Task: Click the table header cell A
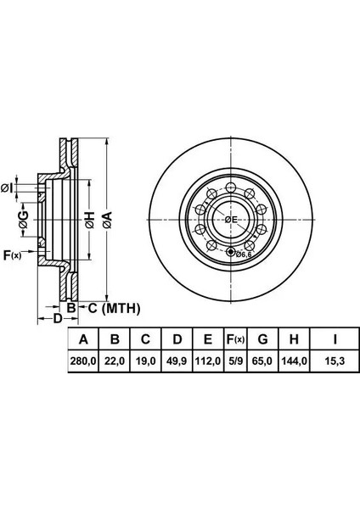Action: click(83, 339)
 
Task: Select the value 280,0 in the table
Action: click(83, 361)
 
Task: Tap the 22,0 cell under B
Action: click(115, 361)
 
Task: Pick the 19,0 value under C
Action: click(145, 361)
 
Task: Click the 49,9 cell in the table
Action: click(177, 361)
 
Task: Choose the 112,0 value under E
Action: click(208, 361)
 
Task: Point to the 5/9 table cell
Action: click(235, 361)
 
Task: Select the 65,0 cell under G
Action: click(262, 361)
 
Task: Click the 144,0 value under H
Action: click(294, 361)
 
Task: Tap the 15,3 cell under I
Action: click(335, 361)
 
